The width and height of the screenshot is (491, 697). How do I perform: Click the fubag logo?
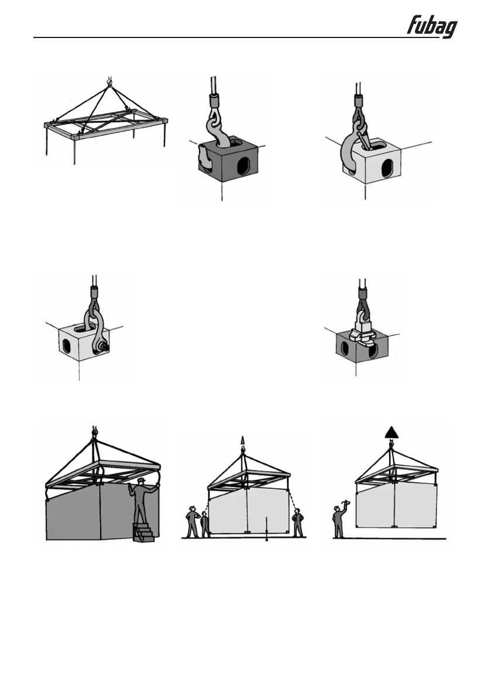[432, 27]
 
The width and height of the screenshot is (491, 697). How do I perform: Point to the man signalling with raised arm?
[339, 519]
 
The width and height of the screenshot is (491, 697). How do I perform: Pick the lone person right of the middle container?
[298, 522]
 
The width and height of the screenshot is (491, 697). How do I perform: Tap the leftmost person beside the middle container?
[191, 523]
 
